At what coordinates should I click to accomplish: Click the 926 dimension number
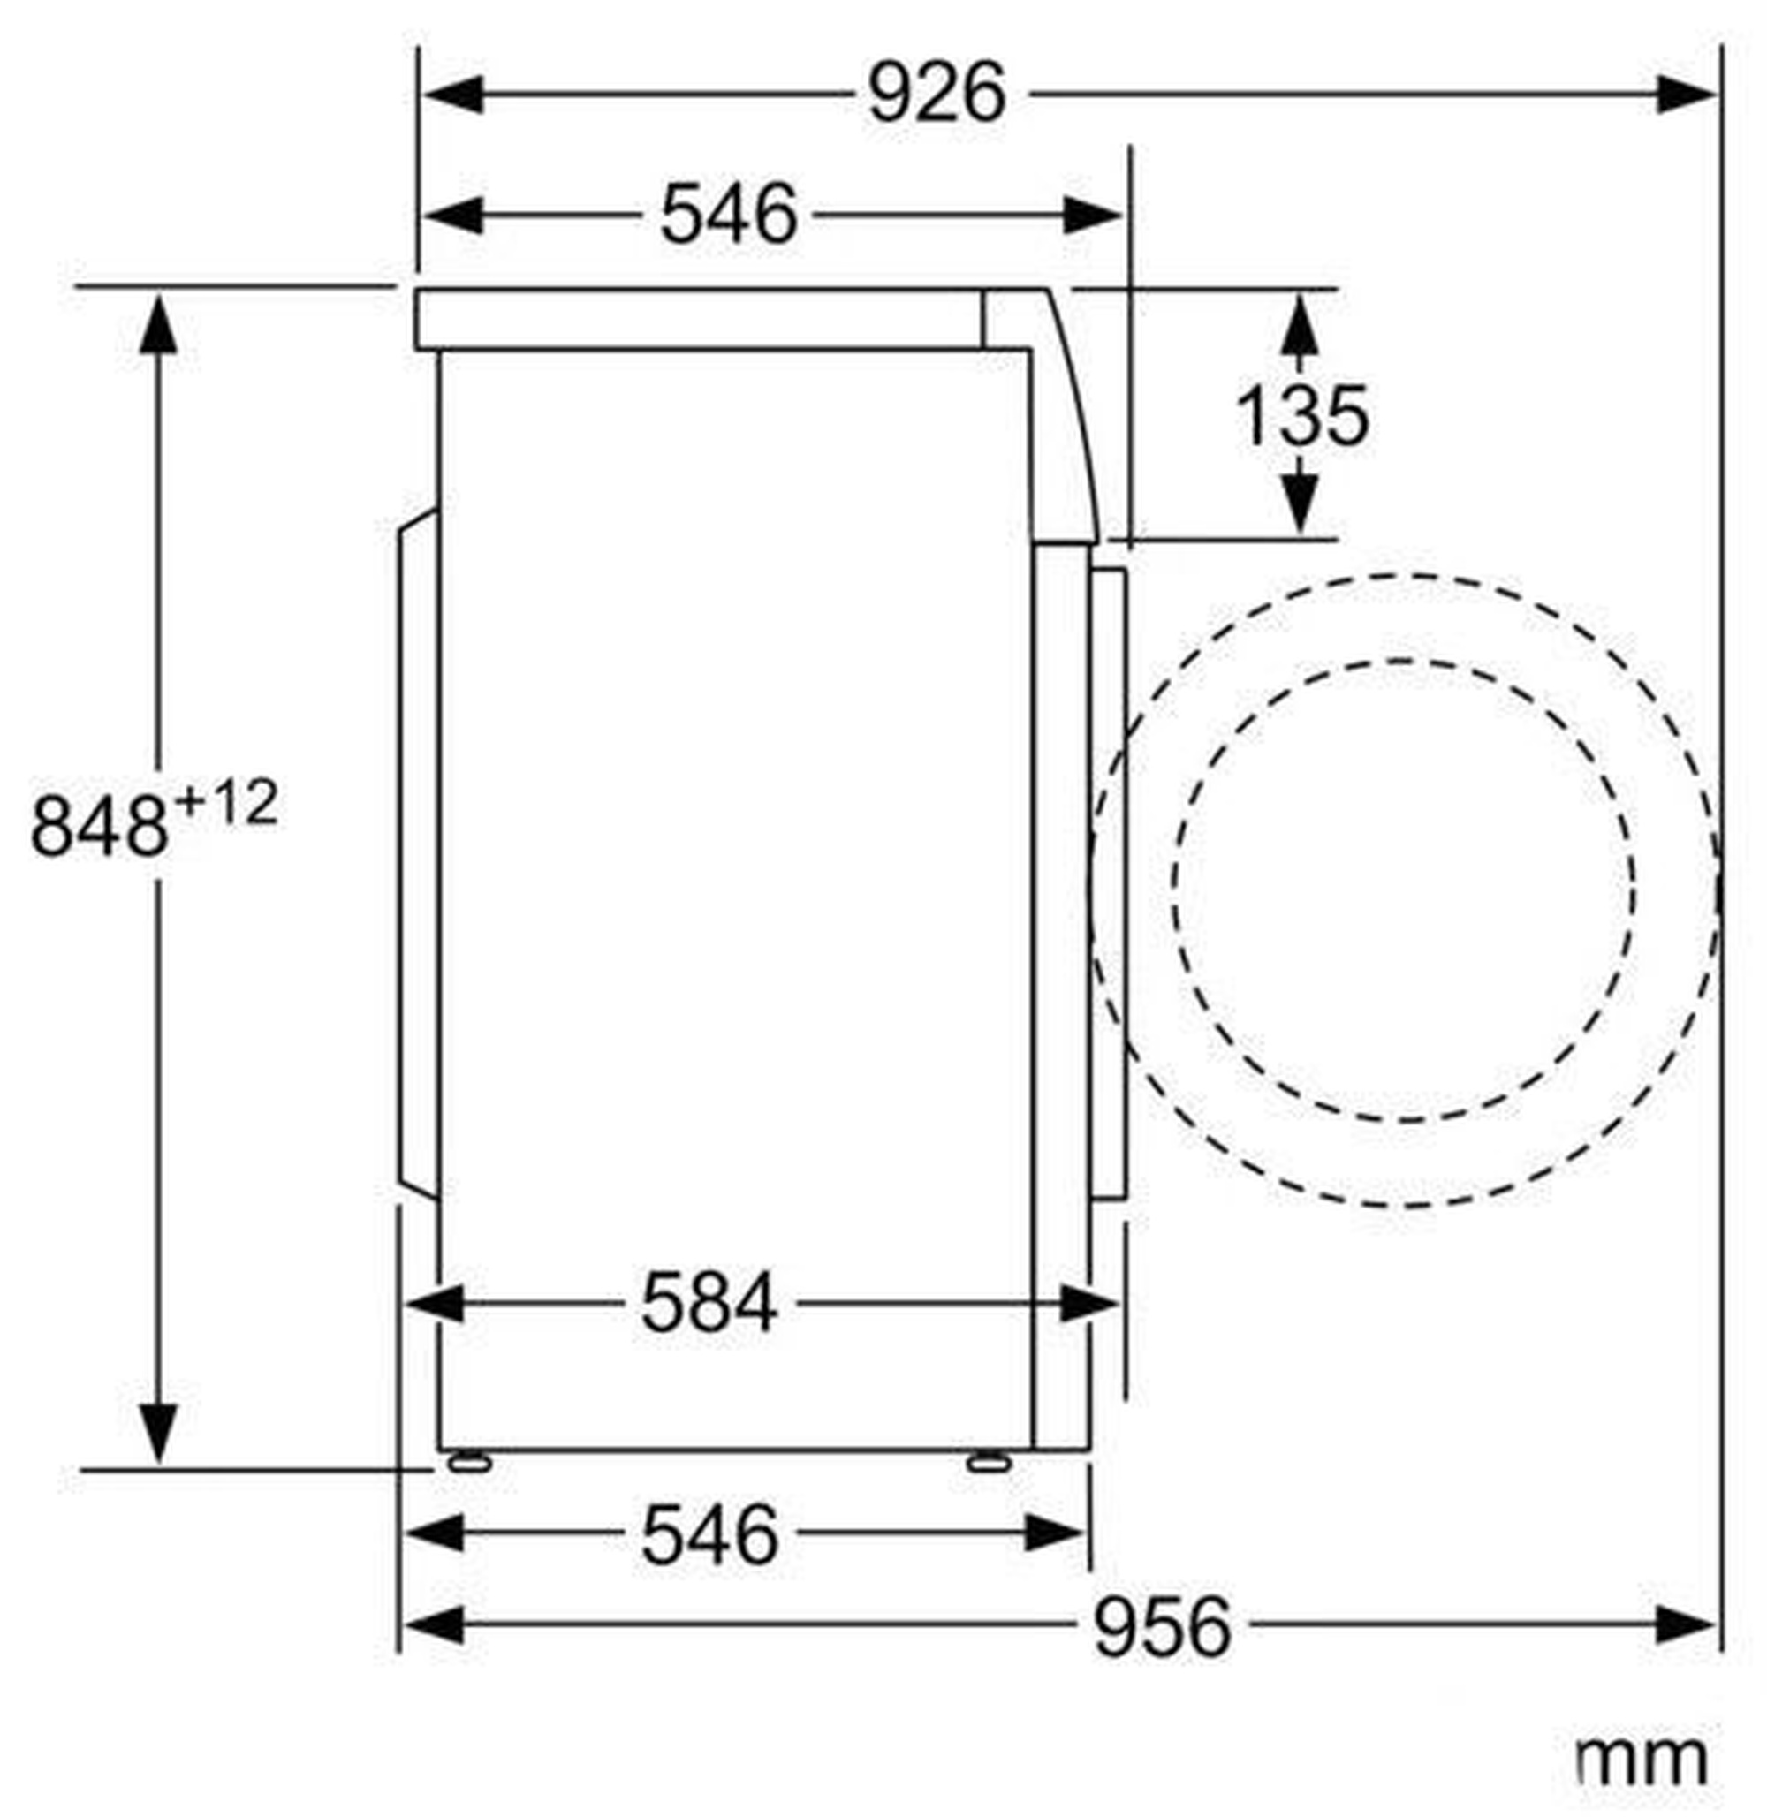pos(937,94)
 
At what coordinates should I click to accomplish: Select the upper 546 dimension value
pos(729,215)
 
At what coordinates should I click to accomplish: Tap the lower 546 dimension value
pos(710,1535)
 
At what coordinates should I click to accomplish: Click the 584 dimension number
pos(710,1304)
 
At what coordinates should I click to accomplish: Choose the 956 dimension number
pos(1163,1626)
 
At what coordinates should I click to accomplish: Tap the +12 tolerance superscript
pos(225,805)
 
